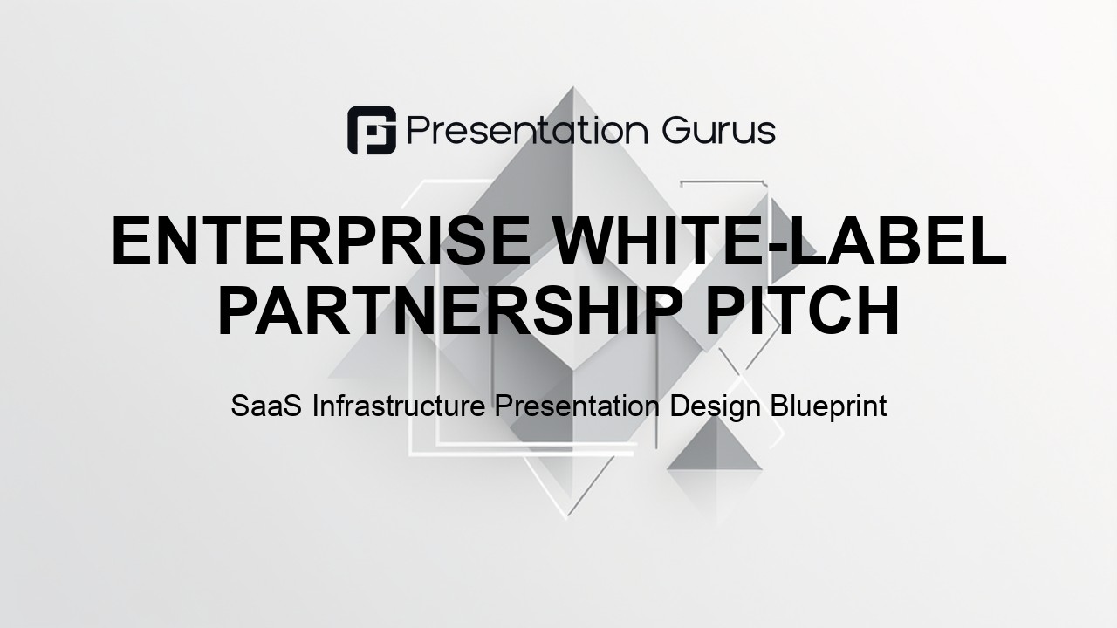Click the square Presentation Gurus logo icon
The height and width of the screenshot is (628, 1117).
372,130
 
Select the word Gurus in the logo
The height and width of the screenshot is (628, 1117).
719,131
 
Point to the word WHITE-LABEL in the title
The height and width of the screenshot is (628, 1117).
779,241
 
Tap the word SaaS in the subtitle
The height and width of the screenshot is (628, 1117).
266,406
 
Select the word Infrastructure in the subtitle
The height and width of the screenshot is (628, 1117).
399,406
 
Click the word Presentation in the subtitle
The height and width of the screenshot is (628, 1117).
577,406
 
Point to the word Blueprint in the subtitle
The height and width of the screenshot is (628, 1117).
829,407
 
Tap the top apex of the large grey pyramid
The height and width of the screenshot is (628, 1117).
572,87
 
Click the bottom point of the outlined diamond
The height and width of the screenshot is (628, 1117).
566,519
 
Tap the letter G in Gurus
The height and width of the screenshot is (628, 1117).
676,131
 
